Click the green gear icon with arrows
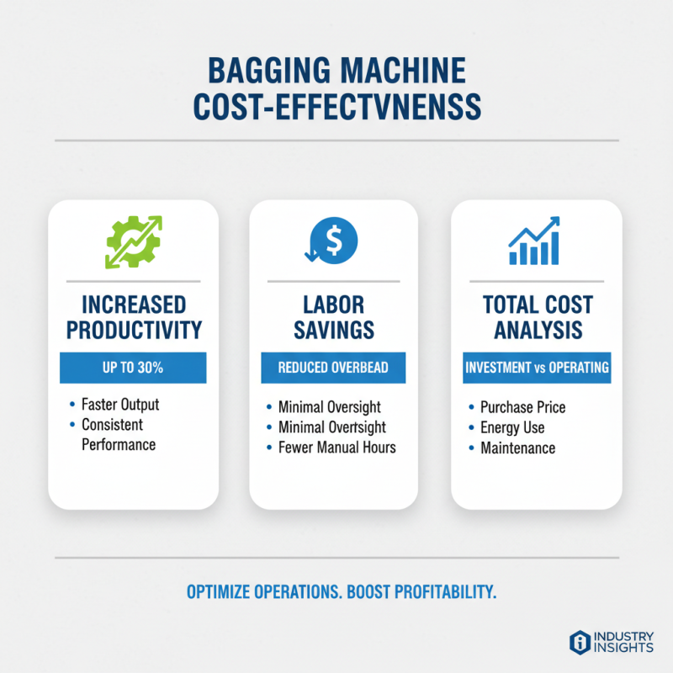point(133,242)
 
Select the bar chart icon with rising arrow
point(535,241)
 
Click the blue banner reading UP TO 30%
point(133,368)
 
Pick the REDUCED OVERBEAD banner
point(334,368)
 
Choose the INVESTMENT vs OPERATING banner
point(536,368)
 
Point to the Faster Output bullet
point(119,405)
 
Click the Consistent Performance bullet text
point(118,434)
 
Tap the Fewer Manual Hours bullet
point(336,448)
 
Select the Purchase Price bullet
point(522,407)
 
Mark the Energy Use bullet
point(511,427)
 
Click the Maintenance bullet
point(517,448)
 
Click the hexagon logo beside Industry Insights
point(579,641)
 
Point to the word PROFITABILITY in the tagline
point(438,592)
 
